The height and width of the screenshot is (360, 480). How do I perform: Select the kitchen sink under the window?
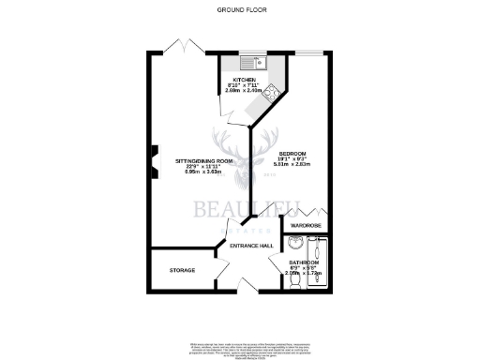coord(252,64)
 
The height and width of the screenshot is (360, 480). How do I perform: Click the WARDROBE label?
coord(307,226)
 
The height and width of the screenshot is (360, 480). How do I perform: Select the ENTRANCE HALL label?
coord(254,247)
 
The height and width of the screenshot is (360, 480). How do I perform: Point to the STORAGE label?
coord(182,271)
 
